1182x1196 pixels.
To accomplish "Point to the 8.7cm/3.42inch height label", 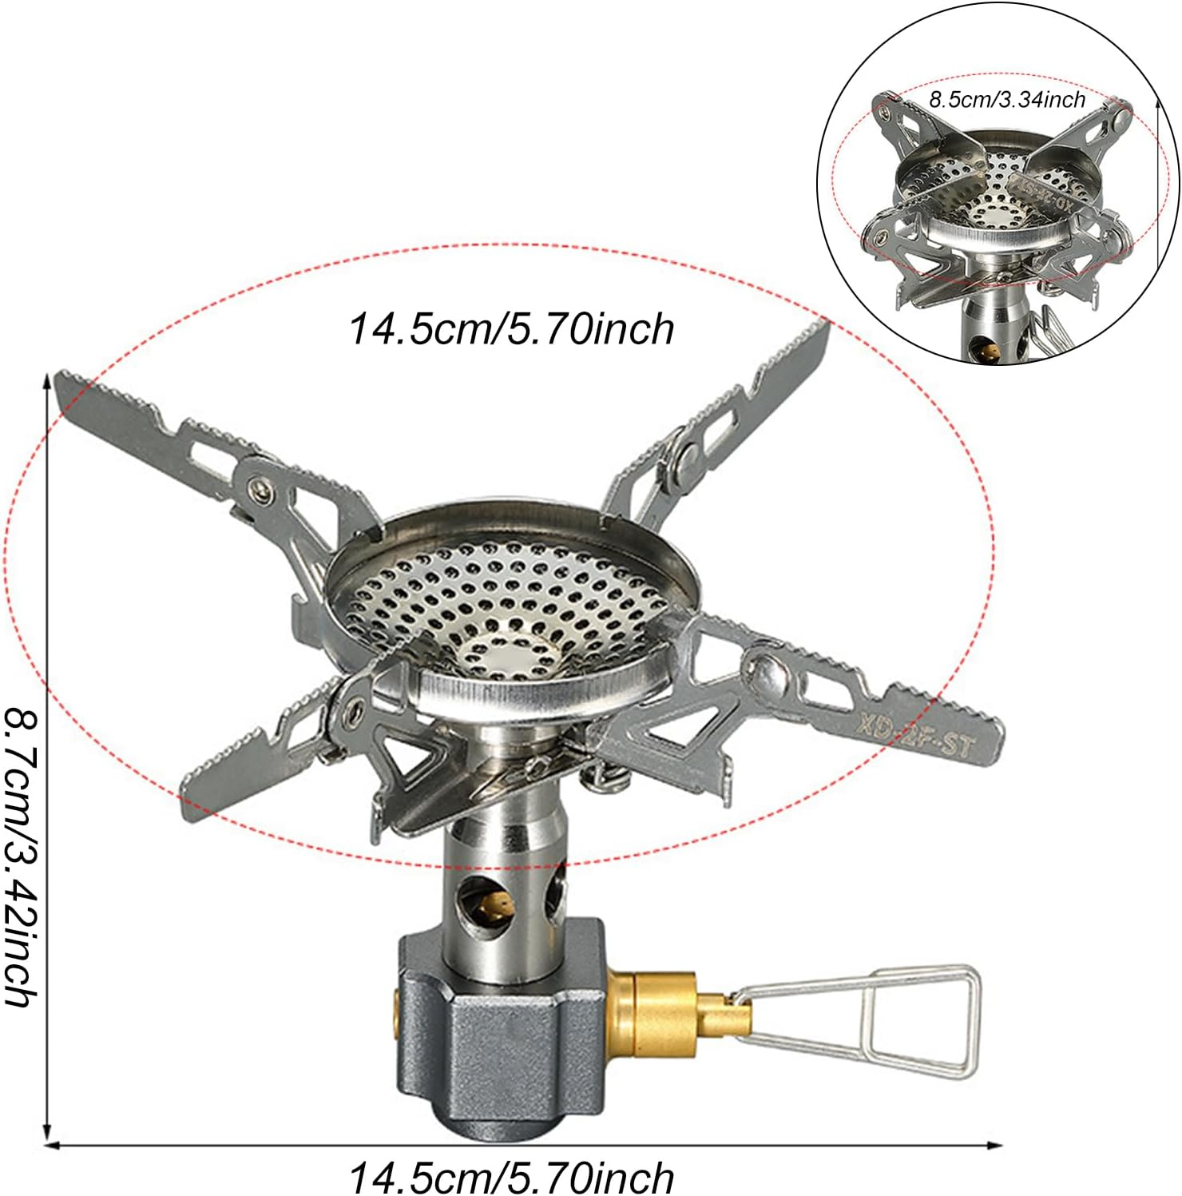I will pyautogui.click(x=22, y=855).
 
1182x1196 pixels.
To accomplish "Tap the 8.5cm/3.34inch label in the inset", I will pyautogui.click(x=1006, y=100).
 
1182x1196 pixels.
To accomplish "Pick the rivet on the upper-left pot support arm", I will pyautogui.click(x=258, y=487).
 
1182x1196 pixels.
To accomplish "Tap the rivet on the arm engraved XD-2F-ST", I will pyautogui.click(x=765, y=666).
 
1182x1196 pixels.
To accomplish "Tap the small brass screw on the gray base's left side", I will pyautogui.click(x=397, y=1011).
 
